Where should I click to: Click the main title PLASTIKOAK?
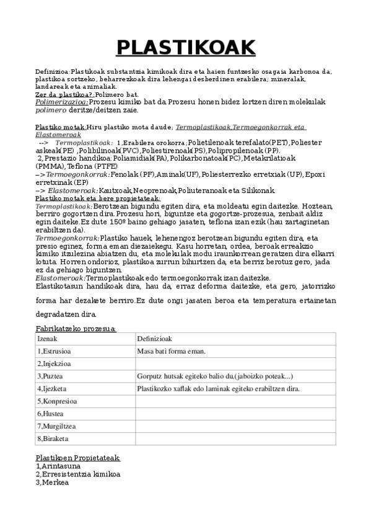click(186, 47)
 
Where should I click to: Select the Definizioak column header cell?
click(235, 339)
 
